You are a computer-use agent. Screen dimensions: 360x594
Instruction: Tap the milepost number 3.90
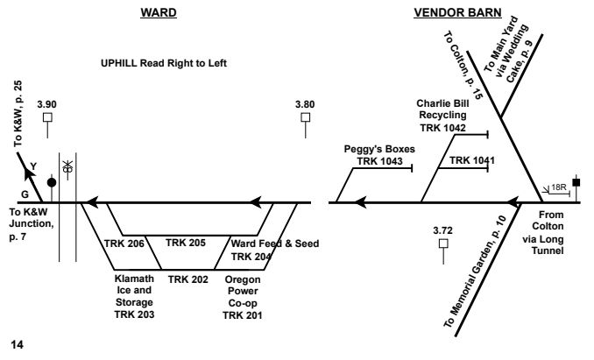pos(49,103)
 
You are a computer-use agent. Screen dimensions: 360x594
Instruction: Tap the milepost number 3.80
pos(306,103)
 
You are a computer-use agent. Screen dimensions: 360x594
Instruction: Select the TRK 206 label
pos(124,243)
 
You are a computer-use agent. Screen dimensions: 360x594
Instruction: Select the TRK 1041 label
pos(467,161)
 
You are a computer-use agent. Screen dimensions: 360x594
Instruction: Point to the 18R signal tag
pos(556,187)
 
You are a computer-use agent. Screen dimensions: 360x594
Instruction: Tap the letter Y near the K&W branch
pos(33,166)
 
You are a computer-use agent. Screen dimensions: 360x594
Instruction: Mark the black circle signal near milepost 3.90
pos(52,182)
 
